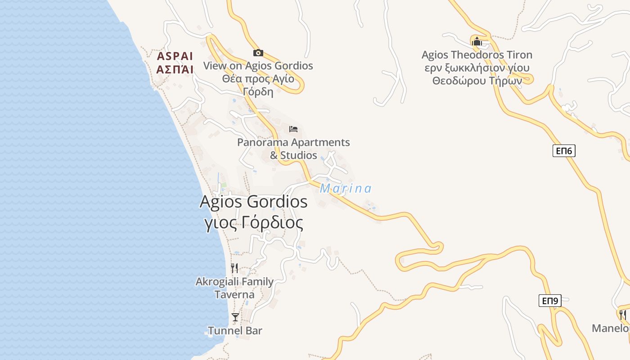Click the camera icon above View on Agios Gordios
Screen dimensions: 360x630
point(258,53)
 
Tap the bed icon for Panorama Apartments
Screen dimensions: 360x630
point(293,129)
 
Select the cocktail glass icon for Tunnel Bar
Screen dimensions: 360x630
point(235,317)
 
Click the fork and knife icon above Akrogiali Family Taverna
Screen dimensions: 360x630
point(234,268)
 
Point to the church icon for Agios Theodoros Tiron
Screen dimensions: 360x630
point(477,41)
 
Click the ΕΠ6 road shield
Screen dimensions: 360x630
point(564,151)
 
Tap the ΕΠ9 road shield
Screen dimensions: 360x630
point(550,301)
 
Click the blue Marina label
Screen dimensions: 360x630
point(346,189)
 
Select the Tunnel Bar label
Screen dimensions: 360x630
point(235,331)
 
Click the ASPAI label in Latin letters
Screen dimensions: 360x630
point(175,57)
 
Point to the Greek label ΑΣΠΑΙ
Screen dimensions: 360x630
point(175,69)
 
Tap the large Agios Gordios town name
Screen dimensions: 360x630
point(253,202)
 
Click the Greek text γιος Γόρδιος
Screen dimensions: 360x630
point(253,223)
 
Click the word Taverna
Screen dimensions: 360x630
point(234,295)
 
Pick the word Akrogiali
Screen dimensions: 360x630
point(216,282)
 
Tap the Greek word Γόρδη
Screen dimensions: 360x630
point(258,92)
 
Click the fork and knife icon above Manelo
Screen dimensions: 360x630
point(623,314)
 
